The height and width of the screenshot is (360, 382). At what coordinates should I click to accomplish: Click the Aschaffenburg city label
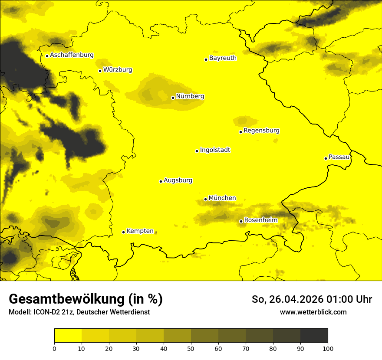point(72,55)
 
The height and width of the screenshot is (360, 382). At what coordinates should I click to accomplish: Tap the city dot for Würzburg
point(100,71)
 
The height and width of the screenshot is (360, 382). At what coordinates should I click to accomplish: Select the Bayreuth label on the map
point(223,58)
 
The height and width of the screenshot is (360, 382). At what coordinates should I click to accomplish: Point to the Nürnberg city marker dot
point(173,98)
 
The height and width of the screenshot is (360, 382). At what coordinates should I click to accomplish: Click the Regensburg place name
point(261,131)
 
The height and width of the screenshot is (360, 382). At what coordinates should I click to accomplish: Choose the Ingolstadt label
point(215,150)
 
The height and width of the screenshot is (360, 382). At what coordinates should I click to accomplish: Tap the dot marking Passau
point(326,158)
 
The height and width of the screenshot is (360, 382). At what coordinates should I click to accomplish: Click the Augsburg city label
point(178,180)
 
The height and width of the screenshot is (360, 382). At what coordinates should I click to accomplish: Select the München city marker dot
point(205,199)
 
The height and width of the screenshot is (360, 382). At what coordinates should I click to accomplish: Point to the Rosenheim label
point(260,220)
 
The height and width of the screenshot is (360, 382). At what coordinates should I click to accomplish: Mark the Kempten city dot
point(123,232)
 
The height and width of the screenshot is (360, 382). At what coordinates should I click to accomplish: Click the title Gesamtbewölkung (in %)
point(86,299)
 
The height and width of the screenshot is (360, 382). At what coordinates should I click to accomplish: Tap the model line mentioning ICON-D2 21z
point(79,312)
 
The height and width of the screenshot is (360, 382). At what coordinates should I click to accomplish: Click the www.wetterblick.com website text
point(313,312)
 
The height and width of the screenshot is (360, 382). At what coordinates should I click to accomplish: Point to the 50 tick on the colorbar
point(191,348)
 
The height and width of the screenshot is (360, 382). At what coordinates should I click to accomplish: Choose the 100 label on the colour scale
point(328,348)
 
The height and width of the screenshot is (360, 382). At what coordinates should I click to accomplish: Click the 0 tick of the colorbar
point(54,348)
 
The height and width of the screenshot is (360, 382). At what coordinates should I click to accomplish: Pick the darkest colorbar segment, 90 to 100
point(314,336)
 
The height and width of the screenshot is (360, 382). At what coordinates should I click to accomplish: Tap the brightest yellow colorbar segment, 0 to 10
point(68,336)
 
